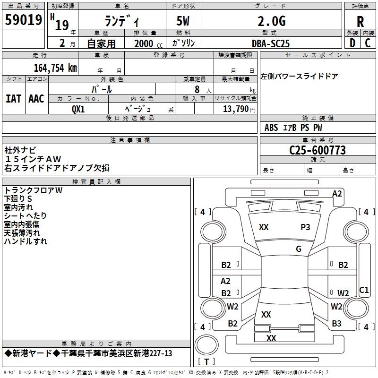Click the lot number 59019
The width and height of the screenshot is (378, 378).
coord(24,20)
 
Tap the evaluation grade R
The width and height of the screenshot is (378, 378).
coord(360,22)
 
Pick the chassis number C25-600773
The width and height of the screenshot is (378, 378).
coord(318,150)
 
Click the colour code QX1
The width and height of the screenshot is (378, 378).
coord(78,109)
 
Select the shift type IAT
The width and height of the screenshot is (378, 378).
coord(14,98)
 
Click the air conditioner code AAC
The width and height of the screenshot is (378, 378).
coord(36,98)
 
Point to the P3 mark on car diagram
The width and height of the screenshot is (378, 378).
coord(305,227)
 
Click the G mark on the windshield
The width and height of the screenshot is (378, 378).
coord(298,249)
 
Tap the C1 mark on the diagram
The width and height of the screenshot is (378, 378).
coord(364,290)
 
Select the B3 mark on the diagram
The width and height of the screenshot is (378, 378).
coord(336,324)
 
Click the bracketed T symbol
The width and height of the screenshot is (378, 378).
coord(206,362)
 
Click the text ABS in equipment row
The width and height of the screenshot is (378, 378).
coord(271,128)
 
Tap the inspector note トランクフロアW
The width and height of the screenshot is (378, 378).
coord(33,190)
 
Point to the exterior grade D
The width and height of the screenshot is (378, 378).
coord(352,43)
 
